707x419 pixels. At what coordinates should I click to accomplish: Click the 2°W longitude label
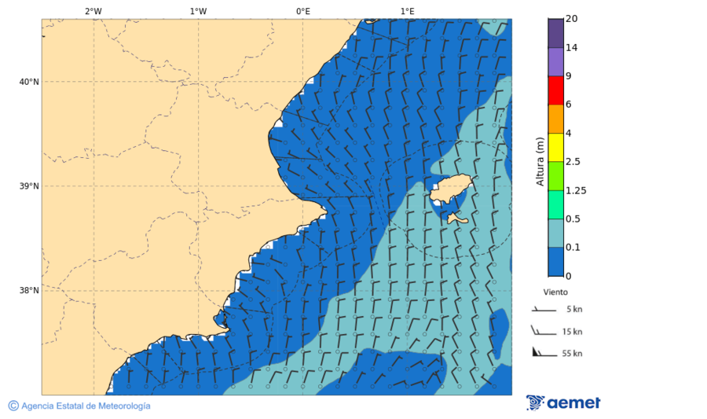click(x=93, y=11)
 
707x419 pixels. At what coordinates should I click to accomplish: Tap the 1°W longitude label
click(x=198, y=11)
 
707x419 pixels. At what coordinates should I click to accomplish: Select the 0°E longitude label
click(x=302, y=11)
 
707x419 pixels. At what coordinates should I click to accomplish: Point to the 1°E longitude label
click(x=407, y=11)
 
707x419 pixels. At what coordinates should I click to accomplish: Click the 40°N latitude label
click(x=29, y=82)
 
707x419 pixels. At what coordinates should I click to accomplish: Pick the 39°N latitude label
click(x=29, y=186)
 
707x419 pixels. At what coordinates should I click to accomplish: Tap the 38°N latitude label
click(x=29, y=291)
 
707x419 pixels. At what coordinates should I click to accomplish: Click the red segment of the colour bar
click(x=555, y=90)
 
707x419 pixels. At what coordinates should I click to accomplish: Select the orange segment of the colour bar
click(x=555, y=119)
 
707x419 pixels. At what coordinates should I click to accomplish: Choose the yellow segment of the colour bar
click(x=555, y=147)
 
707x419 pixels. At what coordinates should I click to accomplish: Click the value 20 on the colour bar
click(x=571, y=19)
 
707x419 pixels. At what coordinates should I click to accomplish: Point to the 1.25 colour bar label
click(x=576, y=190)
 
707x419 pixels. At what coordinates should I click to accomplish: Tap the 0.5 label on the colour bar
click(x=573, y=219)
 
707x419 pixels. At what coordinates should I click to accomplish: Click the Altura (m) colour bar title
click(x=540, y=161)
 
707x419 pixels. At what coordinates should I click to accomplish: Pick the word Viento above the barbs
click(x=555, y=292)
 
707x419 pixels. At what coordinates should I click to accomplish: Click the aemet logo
click(x=563, y=402)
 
